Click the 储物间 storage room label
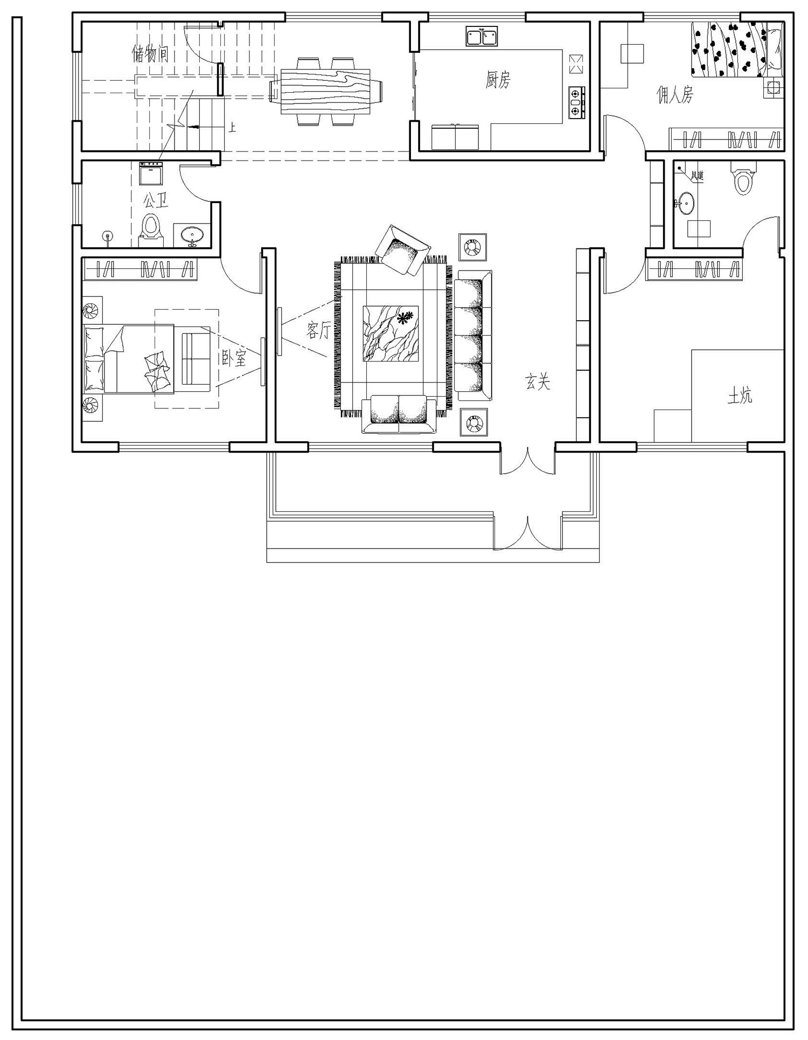coord(150,53)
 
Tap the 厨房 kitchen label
coord(497,80)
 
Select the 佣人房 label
coord(674,95)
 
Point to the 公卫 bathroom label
coord(155,201)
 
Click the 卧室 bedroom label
coord(234,357)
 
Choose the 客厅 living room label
coord(318,329)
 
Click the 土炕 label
coord(740,397)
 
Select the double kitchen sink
coord(482,37)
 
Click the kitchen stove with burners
coord(576,102)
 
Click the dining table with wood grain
coord(326,91)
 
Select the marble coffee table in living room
coord(391,334)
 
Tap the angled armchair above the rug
coord(403,250)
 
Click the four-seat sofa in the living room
coord(473,336)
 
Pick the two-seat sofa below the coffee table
coord(399,414)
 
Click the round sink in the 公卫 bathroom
coord(192,235)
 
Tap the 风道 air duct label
coord(697,176)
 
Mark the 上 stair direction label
coord(232,128)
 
